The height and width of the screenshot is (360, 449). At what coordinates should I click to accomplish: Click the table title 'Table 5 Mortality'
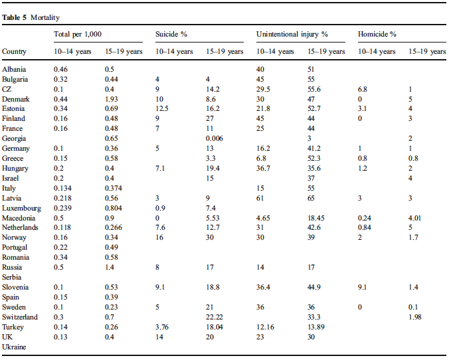(x=31, y=18)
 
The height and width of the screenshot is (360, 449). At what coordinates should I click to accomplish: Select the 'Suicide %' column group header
(x=171, y=35)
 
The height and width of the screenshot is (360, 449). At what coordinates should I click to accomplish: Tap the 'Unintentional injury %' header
(x=292, y=35)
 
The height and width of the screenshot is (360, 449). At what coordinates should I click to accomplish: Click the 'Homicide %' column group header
(x=377, y=35)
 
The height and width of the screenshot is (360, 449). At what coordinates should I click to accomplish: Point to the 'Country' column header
(x=14, y=52)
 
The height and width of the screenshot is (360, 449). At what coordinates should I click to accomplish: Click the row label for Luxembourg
(x=21, y=208)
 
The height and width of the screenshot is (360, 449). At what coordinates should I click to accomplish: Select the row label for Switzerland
(x=20, y=317)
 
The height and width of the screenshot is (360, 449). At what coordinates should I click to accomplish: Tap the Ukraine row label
(x=14, y=347)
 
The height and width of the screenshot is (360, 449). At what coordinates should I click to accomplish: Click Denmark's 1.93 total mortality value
(x=112, y=99)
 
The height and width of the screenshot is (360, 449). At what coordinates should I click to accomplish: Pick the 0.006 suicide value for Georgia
(x=214, y=138)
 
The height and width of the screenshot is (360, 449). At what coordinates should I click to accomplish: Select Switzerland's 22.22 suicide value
(x=214, y=317)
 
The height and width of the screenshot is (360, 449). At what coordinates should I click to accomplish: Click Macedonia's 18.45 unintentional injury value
(x=316, y=218)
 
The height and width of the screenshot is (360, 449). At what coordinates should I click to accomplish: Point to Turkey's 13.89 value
(x=316, y=327)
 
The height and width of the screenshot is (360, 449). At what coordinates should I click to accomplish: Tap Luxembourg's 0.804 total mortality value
(x=114, y=208)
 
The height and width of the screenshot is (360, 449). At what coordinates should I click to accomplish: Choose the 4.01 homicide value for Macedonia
(x=414, y=218)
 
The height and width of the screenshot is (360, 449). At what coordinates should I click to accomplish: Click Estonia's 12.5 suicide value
(x=162, y=108)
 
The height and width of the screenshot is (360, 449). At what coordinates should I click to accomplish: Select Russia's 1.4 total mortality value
(x=110, y=267)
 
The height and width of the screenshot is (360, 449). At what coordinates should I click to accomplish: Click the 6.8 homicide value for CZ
(x=362, y=90)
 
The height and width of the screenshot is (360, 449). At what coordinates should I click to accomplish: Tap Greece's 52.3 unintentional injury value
(x=314, y=158)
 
